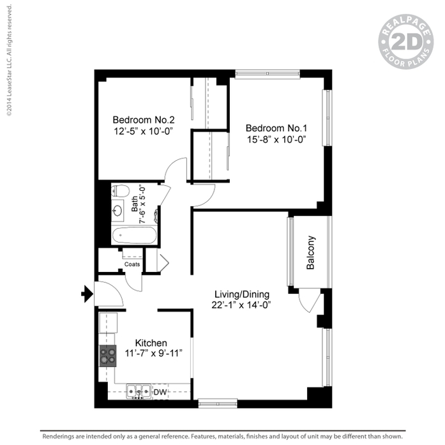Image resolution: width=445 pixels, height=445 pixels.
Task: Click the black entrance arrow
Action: point(87,294)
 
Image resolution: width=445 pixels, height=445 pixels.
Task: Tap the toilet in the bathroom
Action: point(120,190)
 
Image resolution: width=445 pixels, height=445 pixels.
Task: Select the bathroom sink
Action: point(117,211)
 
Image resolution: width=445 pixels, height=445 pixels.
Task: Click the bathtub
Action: point(134,236)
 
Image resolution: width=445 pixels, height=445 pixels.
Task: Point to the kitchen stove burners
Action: point(108,356)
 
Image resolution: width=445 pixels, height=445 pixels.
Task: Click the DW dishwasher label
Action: point(160,392)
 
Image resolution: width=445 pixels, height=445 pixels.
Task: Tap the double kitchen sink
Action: point(139,392)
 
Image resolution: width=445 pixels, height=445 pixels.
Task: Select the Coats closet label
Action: point(132,264)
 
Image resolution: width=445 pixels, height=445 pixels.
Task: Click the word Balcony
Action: point(310,252)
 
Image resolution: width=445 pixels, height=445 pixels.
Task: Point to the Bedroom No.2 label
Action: point(144,120)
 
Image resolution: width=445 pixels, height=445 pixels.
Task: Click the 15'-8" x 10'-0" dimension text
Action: point(276,140)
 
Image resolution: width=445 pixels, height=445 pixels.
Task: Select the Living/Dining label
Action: point(242,294)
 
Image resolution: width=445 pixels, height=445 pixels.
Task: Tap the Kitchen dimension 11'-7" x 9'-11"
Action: point(153,353)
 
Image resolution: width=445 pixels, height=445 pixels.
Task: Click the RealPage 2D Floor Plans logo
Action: point(406,41)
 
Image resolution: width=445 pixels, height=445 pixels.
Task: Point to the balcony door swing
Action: point(310,301)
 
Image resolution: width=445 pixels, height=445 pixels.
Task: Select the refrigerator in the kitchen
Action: point(108,322)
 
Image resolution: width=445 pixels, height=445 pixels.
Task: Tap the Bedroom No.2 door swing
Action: point(176,169)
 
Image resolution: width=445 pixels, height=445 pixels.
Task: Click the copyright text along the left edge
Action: point(9,61)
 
